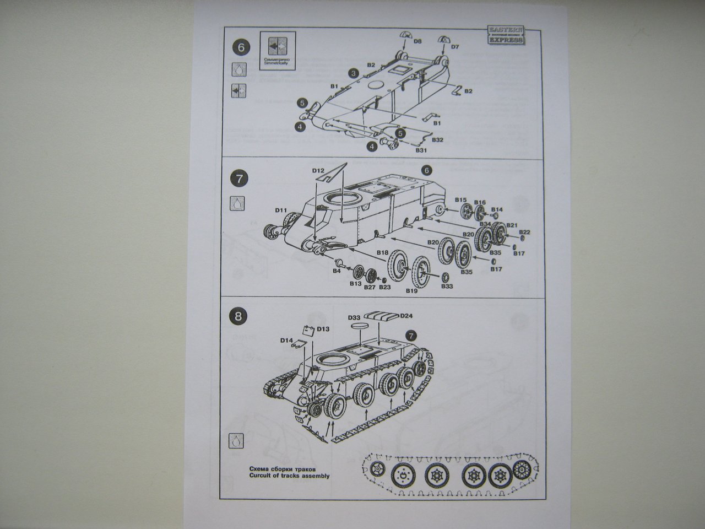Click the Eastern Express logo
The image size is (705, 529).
coord(506,35)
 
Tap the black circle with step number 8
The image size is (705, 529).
coord(237,316)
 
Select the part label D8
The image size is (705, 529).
coord(417,41)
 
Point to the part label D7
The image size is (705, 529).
coord(455,47)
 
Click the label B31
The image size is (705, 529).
coord(421,150)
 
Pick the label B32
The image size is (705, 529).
coord(438,140)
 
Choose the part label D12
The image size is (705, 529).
coord(318,171)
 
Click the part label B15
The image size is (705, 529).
coord(461,199)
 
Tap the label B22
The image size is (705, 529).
coord(524,233)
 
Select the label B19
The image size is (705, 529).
coord(412,290)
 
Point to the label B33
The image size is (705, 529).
coord(447,286)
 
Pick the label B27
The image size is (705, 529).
coord(370,287)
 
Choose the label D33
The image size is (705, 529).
coord(354,318)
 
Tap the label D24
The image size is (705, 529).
coord(406,315)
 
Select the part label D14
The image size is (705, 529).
coord(286,341)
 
